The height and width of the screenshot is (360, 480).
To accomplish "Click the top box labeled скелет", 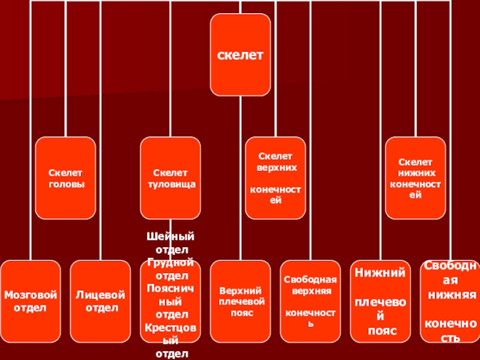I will (240, 54).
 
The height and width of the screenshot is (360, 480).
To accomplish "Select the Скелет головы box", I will (65, 178).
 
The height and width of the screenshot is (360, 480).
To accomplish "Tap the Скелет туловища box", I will (171, 178).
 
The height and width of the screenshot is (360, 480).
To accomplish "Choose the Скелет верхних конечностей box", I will (275, 178).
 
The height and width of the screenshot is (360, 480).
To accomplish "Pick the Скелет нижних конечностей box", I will (415, 178).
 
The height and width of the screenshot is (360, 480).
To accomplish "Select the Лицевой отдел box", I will (100, 301).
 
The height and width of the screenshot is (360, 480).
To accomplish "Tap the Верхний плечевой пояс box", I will (241, 301).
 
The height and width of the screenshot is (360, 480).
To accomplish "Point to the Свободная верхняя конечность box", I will (311, 301).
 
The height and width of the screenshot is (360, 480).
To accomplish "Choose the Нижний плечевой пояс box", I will (380, 301).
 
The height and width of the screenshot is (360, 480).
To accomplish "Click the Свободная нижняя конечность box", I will (451, 301).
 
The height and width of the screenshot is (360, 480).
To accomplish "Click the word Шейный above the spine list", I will (171, 237).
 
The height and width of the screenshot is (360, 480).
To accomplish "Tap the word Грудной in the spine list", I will (171, 262).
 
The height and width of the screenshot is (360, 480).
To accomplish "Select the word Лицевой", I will (100, 295).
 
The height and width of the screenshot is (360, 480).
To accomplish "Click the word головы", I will (65, 184).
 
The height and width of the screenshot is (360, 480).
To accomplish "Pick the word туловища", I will (171, 184).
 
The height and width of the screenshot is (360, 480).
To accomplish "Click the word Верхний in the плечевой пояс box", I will (241, 290).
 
